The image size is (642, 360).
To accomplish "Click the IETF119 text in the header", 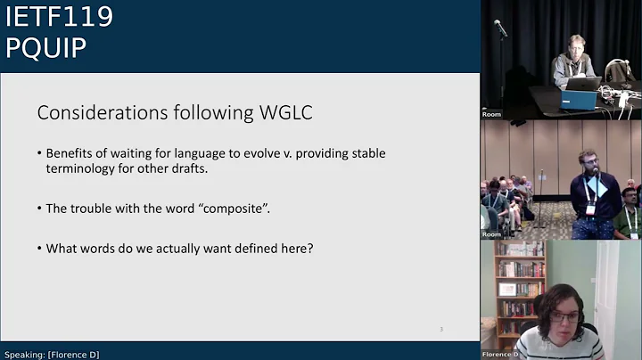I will pos(59,18).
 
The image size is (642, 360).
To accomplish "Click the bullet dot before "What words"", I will pos(39,249).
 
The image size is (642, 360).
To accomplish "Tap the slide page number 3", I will pos(440,330).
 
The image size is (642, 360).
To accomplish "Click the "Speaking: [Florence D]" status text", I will pos(51,354).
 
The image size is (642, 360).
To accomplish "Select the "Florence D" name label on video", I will pos(500,354).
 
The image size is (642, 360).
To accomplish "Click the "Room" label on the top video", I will pos(491,114).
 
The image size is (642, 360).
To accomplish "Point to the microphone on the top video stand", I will pos(500,28).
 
